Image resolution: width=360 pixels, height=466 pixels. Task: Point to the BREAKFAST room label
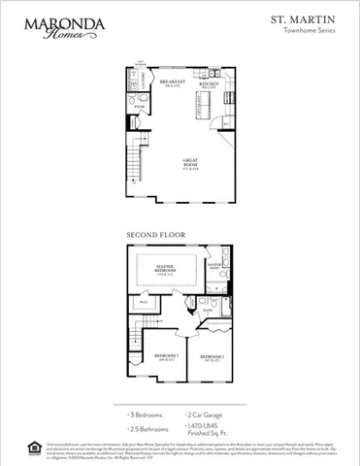coord(173,84)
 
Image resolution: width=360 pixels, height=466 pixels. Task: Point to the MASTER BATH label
coord(215,264)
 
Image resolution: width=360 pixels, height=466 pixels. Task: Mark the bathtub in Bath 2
coord(221,319)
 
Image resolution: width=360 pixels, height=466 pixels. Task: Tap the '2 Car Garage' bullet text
coord(205,414)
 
